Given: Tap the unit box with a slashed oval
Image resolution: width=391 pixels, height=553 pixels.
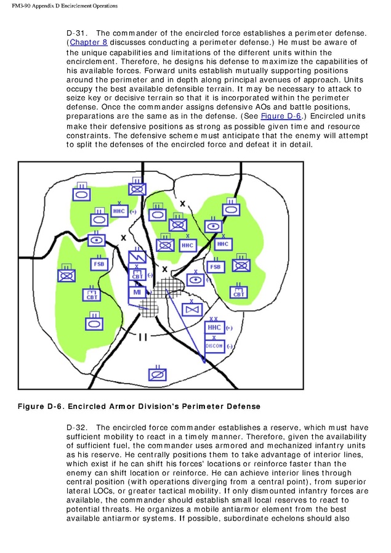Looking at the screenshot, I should (157, 374).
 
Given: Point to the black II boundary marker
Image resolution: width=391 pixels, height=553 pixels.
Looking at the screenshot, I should (143, 336).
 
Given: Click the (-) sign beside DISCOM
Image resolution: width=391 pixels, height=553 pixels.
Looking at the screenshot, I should (230, 346).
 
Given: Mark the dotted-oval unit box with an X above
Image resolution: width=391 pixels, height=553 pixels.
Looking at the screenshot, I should (195, 280).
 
